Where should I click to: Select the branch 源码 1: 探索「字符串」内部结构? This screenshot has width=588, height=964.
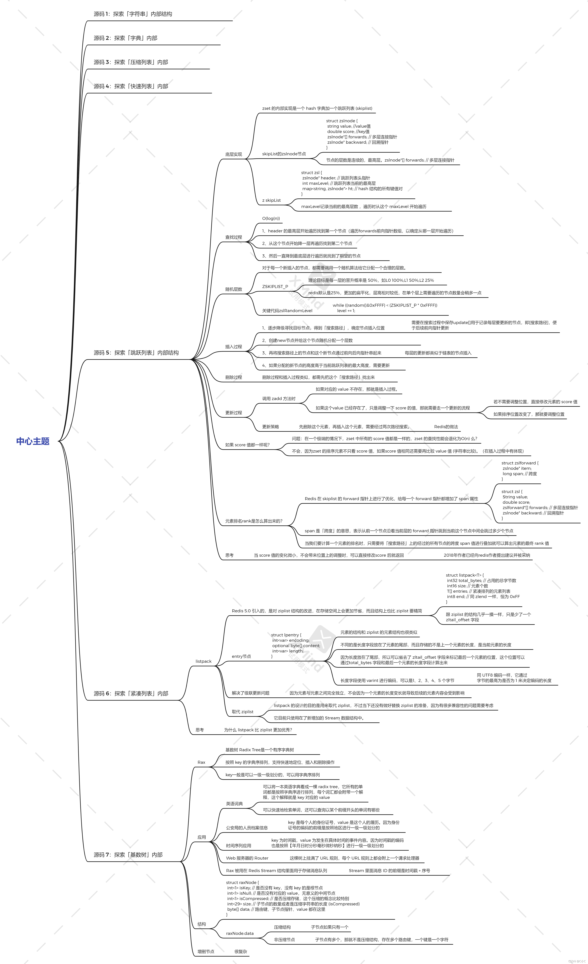click(x=133, y=14)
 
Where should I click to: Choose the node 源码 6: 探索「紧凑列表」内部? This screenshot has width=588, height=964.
click(x=131, y=693)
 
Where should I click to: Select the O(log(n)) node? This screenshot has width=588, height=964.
click(x=271, y=218)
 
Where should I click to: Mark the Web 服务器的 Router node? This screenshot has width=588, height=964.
click(x=247, y=858)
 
